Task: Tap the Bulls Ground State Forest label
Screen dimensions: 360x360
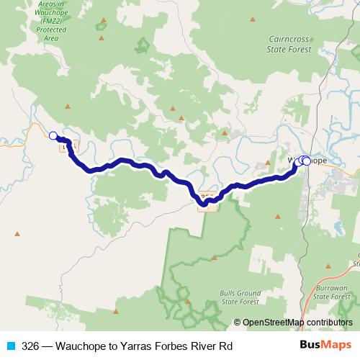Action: tap(240, 298)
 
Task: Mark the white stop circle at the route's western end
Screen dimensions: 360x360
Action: tap(53, 135)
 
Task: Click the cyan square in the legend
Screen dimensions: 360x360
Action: tap(10, 346)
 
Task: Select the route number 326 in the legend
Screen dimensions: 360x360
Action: tap(30, 346)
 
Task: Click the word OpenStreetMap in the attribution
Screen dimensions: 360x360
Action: tap(274, 323)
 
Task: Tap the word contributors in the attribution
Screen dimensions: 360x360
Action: tap(330, 323)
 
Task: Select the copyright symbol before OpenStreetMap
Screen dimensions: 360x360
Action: tap(238, 323)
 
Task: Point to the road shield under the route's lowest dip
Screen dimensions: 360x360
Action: tap(206, 196)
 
